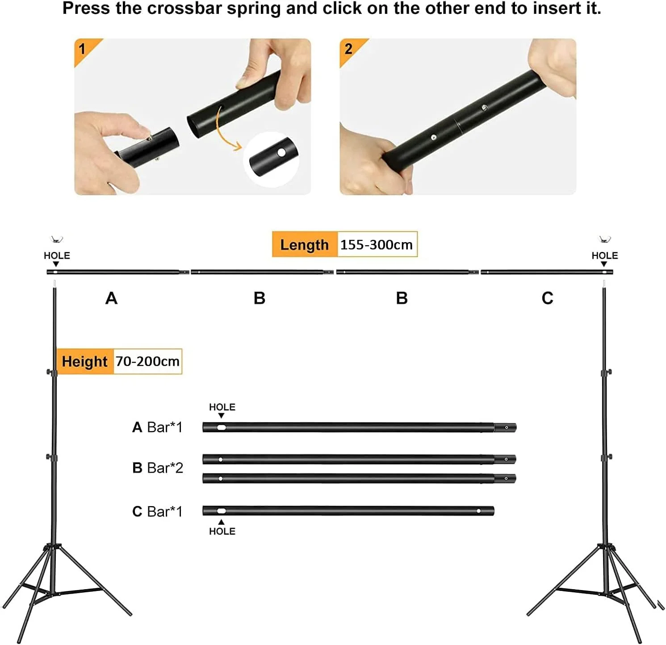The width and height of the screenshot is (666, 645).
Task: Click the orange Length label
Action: [x=305, y=245]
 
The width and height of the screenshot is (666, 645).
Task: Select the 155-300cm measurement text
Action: [x=377, y=245]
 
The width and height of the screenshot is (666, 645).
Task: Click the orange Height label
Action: [x=85, y=361]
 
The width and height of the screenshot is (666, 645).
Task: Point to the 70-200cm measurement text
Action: [x=147, y=361]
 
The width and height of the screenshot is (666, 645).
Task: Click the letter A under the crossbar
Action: [x=111, y=298]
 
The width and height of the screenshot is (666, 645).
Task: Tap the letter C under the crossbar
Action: [x=547, y=298]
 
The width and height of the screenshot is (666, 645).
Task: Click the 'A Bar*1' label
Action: [x=157, y=427]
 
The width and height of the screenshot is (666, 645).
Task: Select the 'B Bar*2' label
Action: [x=158, y=468]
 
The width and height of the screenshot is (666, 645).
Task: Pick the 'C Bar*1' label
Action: [x=157, y=511]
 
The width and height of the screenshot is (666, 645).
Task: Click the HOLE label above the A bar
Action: [x=222, y=407]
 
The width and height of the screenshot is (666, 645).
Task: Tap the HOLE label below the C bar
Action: [x=222, y=531]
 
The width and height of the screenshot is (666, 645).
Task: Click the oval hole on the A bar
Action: [x=221, y=427]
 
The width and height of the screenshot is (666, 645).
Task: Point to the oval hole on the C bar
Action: [x=221, y=511]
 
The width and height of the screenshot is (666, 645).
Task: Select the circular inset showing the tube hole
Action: [x=271, y=159]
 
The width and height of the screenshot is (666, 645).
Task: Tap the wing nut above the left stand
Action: [x=57, y=239]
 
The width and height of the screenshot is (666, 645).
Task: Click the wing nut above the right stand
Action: [x=605, y=239]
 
